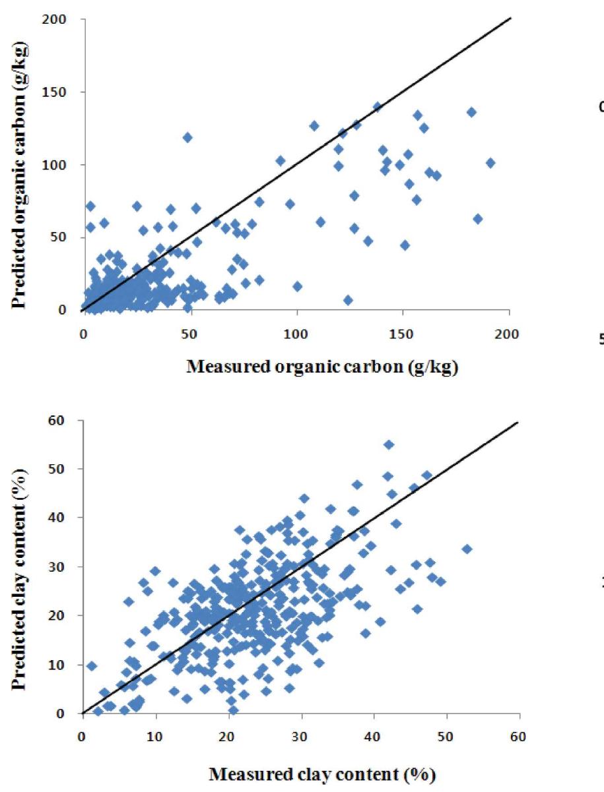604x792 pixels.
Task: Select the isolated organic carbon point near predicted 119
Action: tap(187, 137)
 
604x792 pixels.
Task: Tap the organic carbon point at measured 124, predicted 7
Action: tap(348, 300)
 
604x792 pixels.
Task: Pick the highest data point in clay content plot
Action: tap(389, 444)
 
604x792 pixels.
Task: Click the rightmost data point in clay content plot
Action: tap(467, 549)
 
